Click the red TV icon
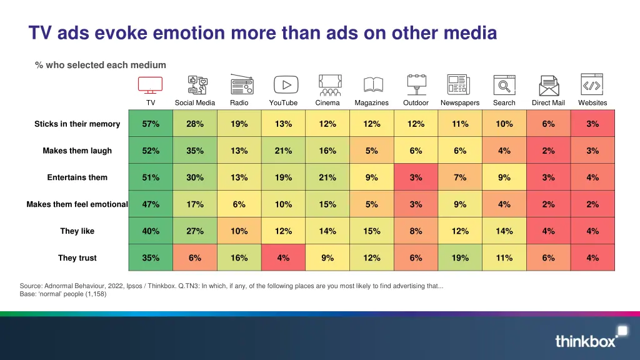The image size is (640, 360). [150, 84]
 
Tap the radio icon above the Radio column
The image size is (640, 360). [241, 84]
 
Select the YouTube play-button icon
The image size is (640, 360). [286, 84]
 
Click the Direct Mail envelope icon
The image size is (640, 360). [549, 85]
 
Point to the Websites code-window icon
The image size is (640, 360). [592, 84]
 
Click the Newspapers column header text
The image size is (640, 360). [460, 102]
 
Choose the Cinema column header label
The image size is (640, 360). [327, 102]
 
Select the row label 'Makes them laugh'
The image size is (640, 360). [77, 151]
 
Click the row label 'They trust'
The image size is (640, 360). [77, 257]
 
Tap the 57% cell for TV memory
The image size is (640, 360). [151, 124]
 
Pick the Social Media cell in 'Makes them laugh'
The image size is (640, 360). [195, 151]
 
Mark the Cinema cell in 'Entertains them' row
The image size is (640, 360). [327, 177]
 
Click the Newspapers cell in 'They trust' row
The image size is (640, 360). [460, 257]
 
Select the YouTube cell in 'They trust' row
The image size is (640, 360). [283, 257]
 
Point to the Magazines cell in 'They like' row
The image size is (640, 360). [372, 231]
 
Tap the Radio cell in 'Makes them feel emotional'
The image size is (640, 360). [239, 204]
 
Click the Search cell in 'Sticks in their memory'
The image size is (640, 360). [504, 124]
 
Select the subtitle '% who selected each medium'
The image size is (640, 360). [101, 65]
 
